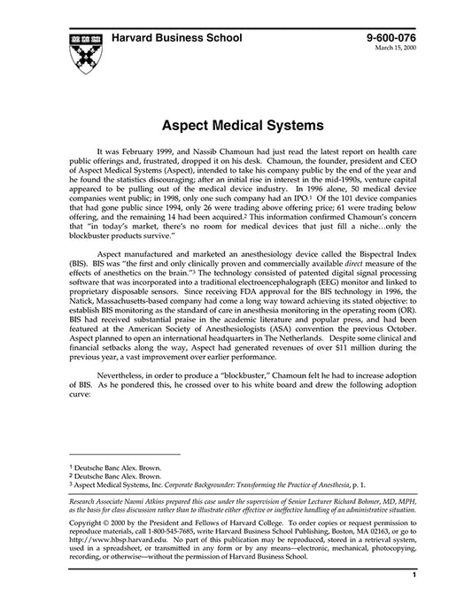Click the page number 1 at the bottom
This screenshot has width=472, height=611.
(x=414, y=599)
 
